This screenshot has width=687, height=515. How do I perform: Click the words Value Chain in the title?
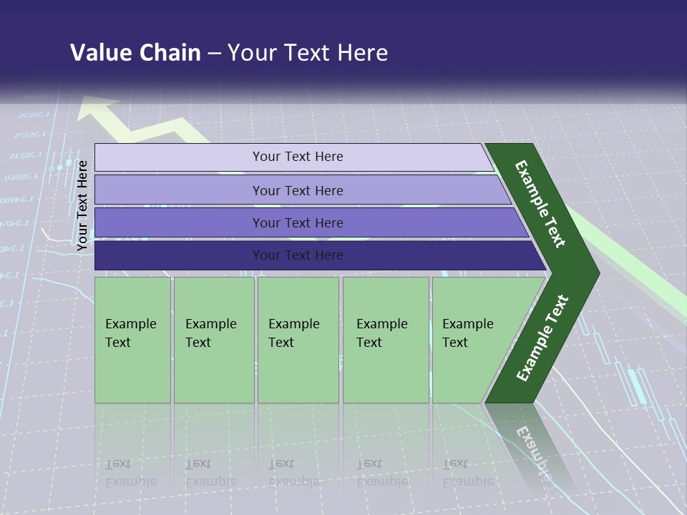[135, 52]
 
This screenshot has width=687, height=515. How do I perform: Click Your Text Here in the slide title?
[308, 52]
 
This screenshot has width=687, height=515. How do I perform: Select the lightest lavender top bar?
[179, 157]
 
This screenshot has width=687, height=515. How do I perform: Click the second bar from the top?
[179, 190]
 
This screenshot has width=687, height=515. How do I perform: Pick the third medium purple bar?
[179, 222]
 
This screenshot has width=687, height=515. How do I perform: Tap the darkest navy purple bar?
[179, 255]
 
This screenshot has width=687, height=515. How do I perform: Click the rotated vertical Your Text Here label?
[82, 205]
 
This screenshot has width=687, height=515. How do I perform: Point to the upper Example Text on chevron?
[541, 204]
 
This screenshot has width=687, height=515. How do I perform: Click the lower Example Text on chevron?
[542, 338]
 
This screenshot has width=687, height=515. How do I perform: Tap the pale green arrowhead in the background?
[97, 109]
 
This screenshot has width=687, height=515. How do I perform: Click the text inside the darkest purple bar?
[298, 255]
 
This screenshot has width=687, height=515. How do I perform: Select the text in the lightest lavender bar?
[298, 157]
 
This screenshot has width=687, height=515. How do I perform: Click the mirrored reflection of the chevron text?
[533, 451]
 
